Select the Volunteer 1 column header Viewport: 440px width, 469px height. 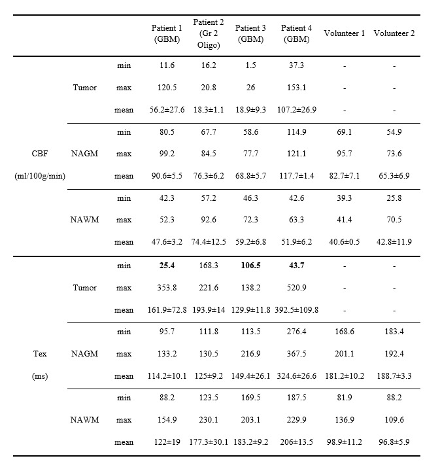pos(344,33)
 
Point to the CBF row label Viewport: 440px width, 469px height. pos(39,154)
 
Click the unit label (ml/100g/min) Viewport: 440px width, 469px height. pos(39,176)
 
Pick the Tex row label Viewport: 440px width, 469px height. pos(39,354)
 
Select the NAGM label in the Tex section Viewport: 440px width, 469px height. pos(84,354)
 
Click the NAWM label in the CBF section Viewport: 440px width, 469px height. pos(84,220)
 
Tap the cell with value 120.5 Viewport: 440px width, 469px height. pos(167,87)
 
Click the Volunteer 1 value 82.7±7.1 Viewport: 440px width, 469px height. pos(344,176)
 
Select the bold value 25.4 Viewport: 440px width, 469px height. pos(167,266)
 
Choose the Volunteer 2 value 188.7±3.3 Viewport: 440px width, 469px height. pos(394,376)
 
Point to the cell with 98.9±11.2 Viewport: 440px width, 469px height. pos(344,442)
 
